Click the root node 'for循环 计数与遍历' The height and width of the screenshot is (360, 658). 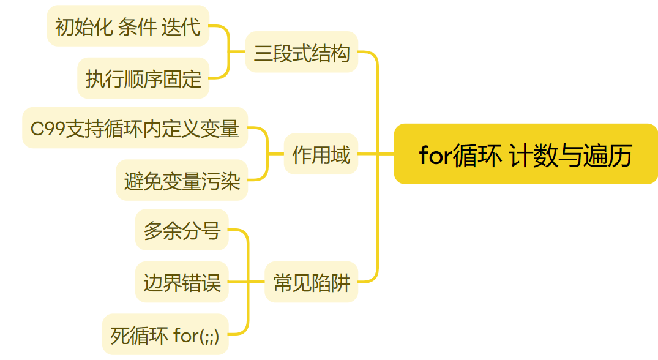pyautogui.click(x=525, y=154)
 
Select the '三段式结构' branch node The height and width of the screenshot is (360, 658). pyautogui.click(x=301, y=53)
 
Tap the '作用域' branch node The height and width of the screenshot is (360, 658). pyautogui.click(x=321, y=154)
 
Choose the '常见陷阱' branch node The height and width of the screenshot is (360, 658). pyautogui.click(x=311, y=282)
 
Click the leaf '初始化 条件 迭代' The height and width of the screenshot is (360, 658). pyautogui.click(x=128, y=26)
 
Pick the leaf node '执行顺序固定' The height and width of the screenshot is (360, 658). pyautogui.click(x=143, y=78)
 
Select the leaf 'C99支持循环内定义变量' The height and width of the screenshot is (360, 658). pyautogui.click(x=135, y=129)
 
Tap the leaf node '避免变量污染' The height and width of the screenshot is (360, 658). pyautogui.click(x=182, y=181)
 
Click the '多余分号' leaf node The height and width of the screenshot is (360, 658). pyautogui.click(x=181, y=230)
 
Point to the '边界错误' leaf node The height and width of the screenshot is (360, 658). pyautogui.click(x=181, y=282)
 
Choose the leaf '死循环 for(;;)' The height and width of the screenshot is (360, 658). pyautogui.click(x=165, y=335)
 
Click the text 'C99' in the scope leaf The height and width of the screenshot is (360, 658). pyautogui.click(x=46, y=129)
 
